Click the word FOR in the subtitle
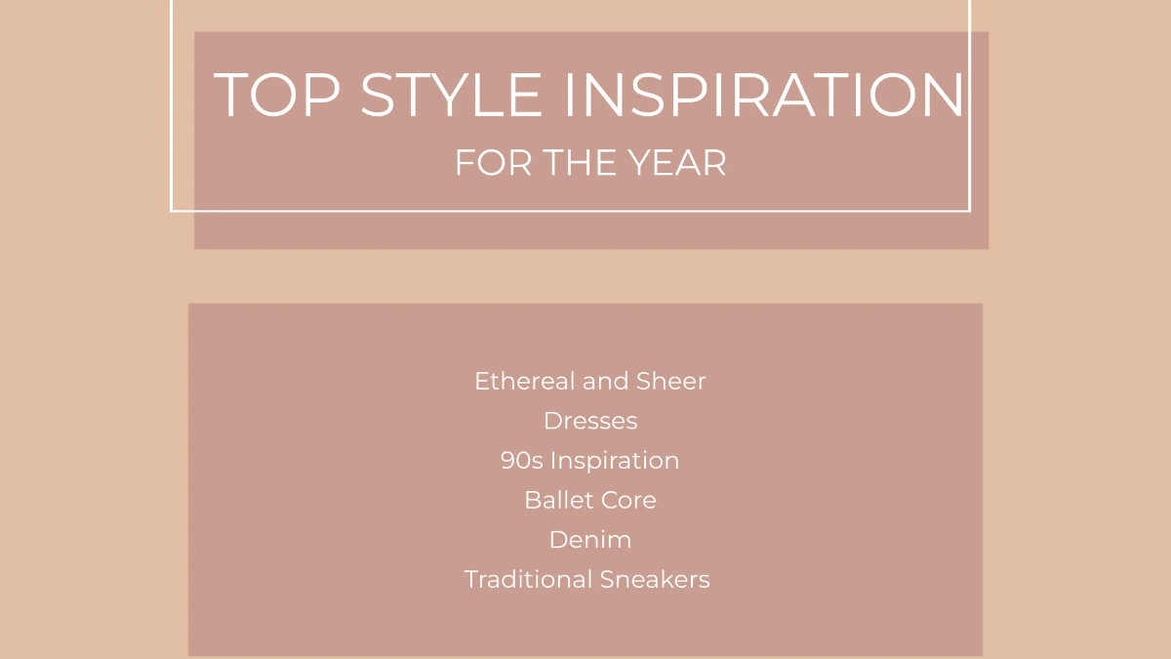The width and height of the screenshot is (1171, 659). (x=495, y=163)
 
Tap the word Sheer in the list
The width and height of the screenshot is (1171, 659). (x=671, y=381)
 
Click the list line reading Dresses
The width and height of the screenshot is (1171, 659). (x=590, y=421)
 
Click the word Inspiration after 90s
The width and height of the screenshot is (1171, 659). (x=615, y=461)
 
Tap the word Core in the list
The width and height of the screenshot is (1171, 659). (x=631, y=500)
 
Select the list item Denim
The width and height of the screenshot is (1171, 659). (x=590, y=540)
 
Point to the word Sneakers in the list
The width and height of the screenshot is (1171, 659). (x=655, y=580)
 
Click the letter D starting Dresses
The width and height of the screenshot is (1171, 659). (x=552, y=421)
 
